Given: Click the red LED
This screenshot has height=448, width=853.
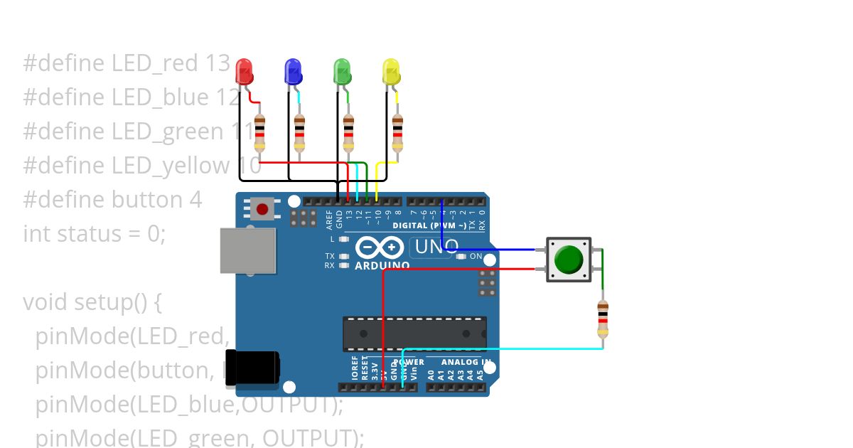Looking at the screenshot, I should [245, 72].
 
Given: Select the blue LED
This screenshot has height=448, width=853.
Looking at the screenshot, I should [293, 72].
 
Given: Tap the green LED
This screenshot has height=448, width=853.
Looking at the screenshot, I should [342, 72].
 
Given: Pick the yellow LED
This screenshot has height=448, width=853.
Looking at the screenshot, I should [391, 72].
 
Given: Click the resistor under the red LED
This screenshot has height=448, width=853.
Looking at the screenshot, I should [259, 134].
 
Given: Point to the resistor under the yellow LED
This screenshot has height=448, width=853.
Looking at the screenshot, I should [397, 134].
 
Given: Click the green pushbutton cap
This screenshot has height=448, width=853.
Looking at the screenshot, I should [569, 260].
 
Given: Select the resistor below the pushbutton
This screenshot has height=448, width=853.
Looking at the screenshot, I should [603, 320].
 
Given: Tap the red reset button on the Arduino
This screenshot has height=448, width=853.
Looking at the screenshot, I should [263, 209].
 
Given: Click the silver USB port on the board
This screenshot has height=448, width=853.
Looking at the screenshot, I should [247, 250].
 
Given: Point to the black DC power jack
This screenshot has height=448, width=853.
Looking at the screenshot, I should [252, 368].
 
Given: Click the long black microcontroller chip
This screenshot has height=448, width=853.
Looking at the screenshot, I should [414, 334].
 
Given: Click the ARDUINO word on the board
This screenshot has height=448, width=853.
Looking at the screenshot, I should [382, 266].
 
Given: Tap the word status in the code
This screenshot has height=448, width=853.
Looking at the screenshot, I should [89, 233].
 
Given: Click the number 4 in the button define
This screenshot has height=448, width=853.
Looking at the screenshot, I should [195, 199].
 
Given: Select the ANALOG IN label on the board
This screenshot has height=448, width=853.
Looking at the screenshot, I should [465, 362].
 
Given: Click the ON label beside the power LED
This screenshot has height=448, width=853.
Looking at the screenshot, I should [476, 256].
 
